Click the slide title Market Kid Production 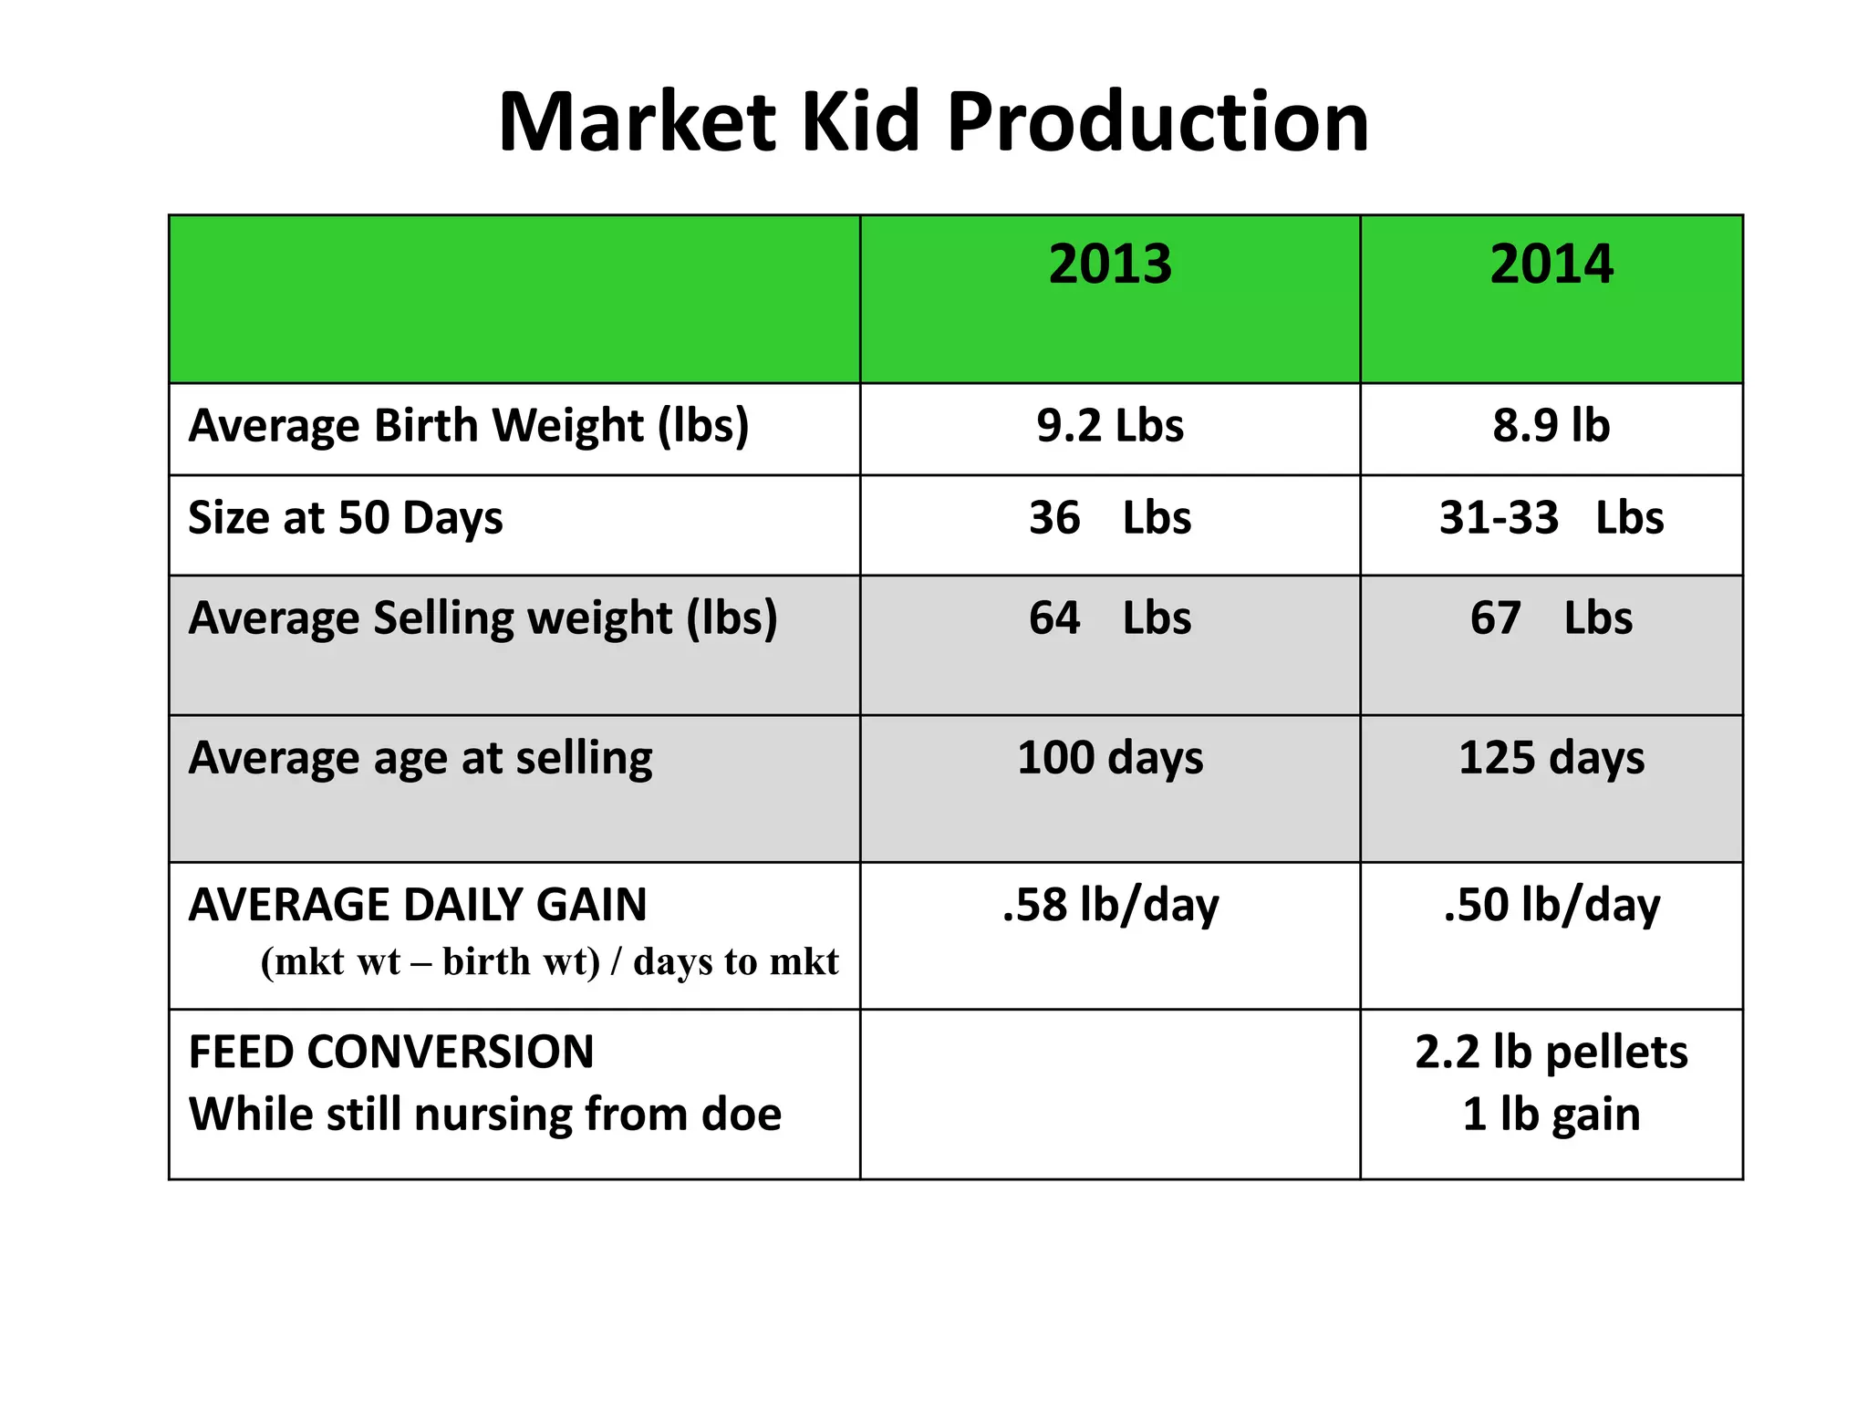[933, 122]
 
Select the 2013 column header [1110, 265]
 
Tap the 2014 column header [1551, 265]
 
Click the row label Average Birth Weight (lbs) [469, 426]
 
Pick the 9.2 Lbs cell [1110, 426]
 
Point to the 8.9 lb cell [1551, 426]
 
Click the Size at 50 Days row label [346, 518]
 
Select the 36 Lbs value [1110, 518]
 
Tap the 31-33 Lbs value [1551, 518]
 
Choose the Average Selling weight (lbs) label [483, 618]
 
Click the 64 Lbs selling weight [1110, 618]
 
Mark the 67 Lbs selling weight [1551, 618]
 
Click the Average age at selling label [420, 759]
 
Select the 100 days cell [1110, 759]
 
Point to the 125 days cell [1551, 759]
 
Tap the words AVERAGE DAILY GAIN [418, 905]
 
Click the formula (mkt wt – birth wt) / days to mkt [549, 962]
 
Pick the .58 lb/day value [1110, 906]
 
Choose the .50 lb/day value [1551, 906]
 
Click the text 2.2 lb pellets [1551, 1053]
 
